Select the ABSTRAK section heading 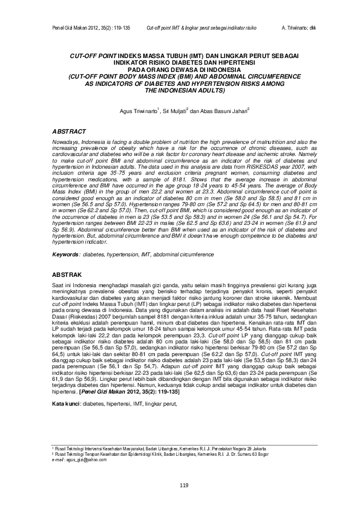(67, 275)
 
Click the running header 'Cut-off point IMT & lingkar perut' (202, 28)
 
